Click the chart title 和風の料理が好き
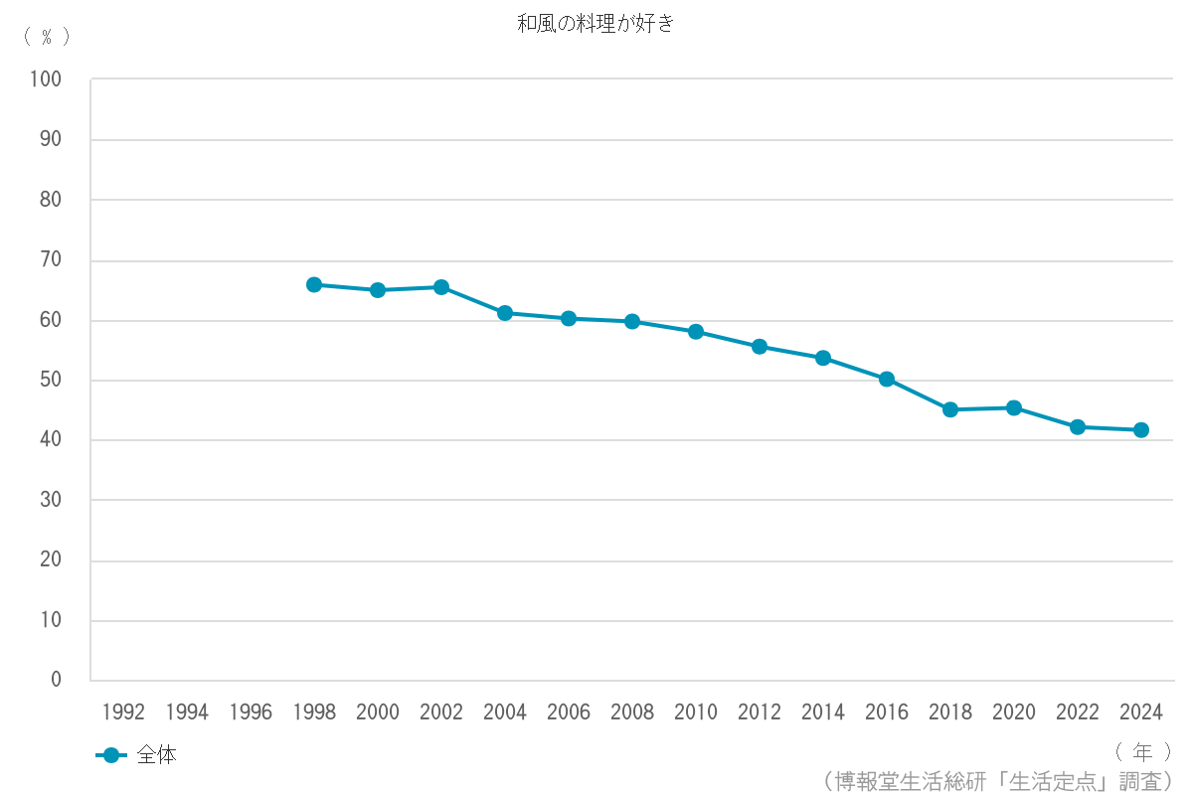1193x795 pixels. tap(596, 24)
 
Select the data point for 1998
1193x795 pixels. tap(314, 285)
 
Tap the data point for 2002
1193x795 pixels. tap(441, 287)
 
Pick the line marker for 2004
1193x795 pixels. tap(505, 313)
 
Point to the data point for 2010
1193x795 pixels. tap(696, 332)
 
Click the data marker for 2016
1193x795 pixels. tap(887, 379)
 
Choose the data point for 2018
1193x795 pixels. tap(950, 409)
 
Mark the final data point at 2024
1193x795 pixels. tap(1141, 430)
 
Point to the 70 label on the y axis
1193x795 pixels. tap(51, 260)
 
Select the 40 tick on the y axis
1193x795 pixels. tap(51, 440)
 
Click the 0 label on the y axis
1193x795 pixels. tap(57, 680)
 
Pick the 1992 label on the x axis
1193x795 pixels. tap(123, 713)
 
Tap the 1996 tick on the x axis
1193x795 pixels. tap(251, 713)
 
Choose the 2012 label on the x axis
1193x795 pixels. tap(760, 713)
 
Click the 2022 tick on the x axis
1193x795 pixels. tap(1078, 713)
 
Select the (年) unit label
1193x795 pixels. tap(1142, 751)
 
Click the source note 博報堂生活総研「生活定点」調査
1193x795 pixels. tap(998, 780)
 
